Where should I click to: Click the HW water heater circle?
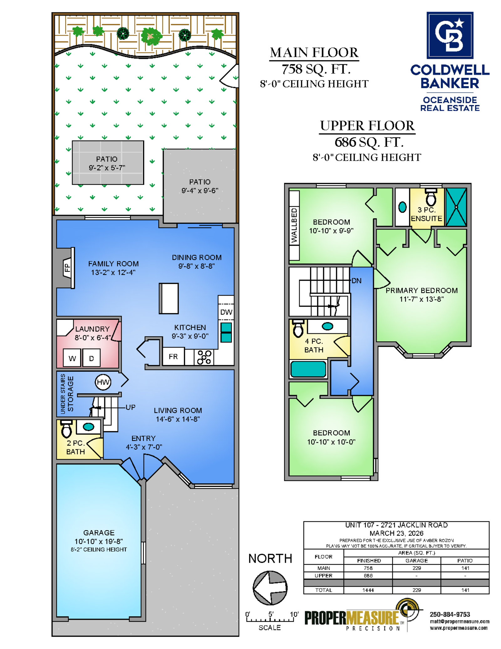click(x=103, y=382)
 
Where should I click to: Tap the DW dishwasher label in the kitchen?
click(x=226, y=312)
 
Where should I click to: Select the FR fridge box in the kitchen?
click(x=173, y=357)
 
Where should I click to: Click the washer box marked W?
click(x=72, y=358)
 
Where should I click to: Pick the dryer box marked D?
click(x=91, y=358)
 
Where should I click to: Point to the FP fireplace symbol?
click(x=67, y=268)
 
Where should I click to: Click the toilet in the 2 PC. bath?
click(x=66, y=429)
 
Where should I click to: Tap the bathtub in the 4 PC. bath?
click(x=308, y=369)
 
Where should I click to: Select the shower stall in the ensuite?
click(x=456, y=207)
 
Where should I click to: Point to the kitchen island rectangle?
click(x=169, y=298)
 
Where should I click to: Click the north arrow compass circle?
click(x=270, y=588)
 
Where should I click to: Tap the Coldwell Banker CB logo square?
click(x=450, y=35)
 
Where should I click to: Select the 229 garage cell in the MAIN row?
click(x=416, y=568)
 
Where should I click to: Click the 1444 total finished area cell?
click(x=368, y=590)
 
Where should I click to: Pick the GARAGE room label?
click(x=99, y=533)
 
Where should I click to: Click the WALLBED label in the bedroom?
click(x=294, y=225)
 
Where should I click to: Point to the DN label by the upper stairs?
click(x=357, y=281)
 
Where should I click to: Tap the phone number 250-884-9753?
click(x=450, y=615)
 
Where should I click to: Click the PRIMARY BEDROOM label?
click(x=421, y=290)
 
